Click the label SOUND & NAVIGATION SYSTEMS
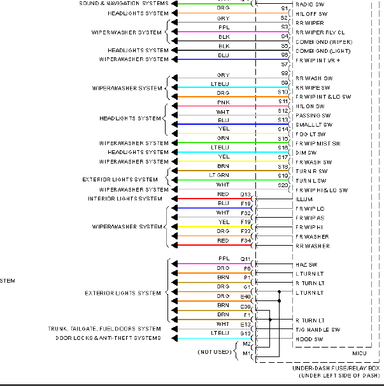coord(124,3)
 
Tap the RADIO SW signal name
coord(311,4)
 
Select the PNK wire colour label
coord(224,102)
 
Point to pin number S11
coord(283,102)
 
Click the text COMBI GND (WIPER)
coord(324,41)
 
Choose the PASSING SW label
coord(313,116)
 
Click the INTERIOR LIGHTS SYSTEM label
coord(125,199)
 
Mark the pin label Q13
coord(245,194)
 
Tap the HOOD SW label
coord(309,339)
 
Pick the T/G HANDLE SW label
coord(317,330)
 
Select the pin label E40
coord(245,296)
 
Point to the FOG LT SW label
coord(310,134)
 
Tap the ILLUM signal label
coord(304,199)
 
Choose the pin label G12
coord(245,333)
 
